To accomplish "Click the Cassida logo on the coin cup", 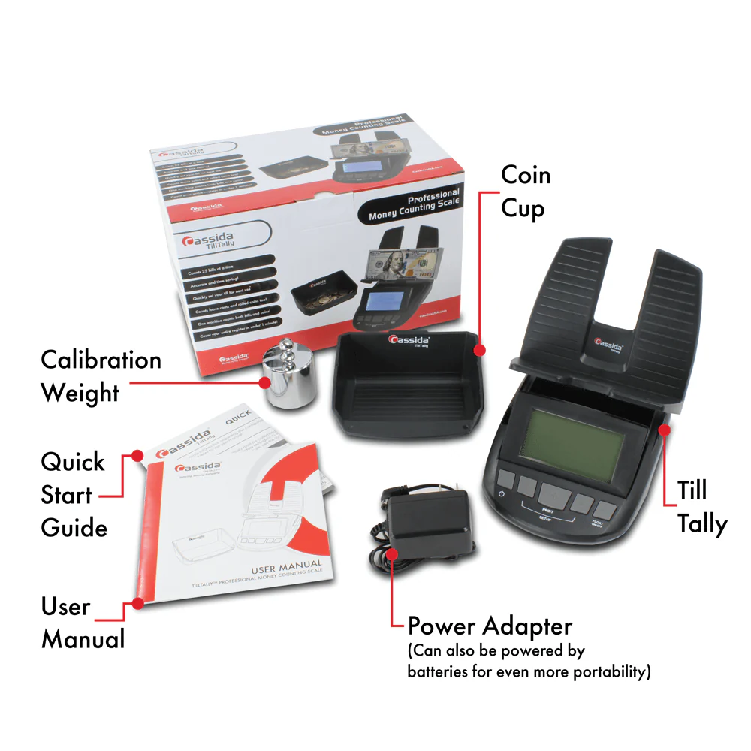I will [x=410, y=342].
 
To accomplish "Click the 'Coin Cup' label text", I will [x=526, y=192].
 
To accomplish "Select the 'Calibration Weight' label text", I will [x=101, y=376].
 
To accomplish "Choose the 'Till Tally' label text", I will [x=701, y=507].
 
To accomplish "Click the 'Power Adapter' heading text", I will [x=490, y=626].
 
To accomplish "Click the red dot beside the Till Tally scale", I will [x=664, y=429].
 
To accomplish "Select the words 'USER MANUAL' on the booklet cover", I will [x=266, y=565].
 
